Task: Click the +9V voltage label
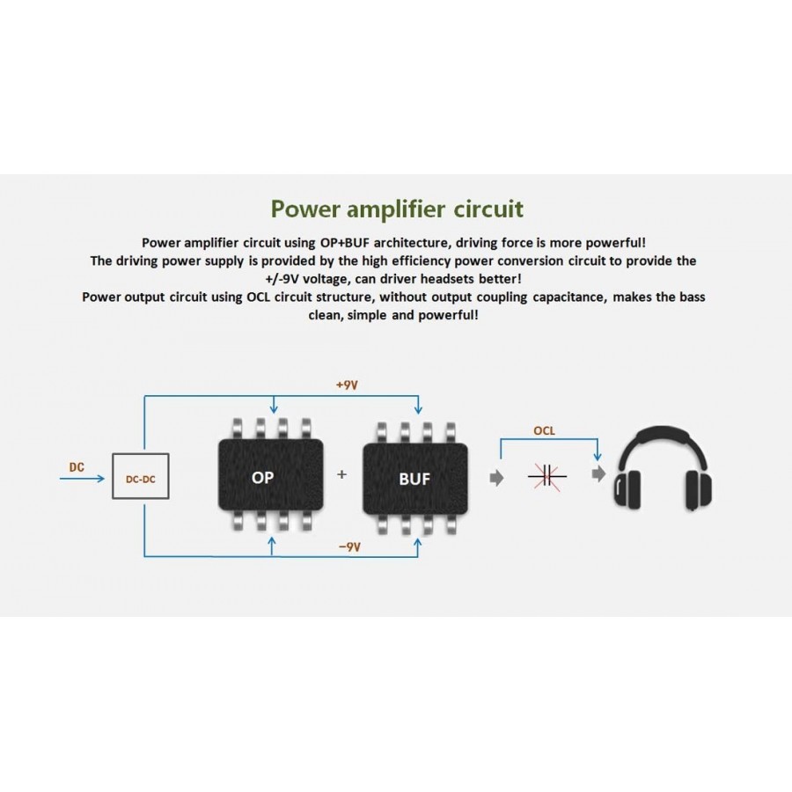tap(347, 385)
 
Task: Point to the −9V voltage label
tap(349, 546)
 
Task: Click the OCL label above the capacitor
tap(545, 431)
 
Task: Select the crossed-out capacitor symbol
tap(546, 476)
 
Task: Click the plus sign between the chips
tap(342, 474)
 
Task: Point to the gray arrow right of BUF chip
tap(496, 476)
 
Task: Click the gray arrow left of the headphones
tap(599, 474)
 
